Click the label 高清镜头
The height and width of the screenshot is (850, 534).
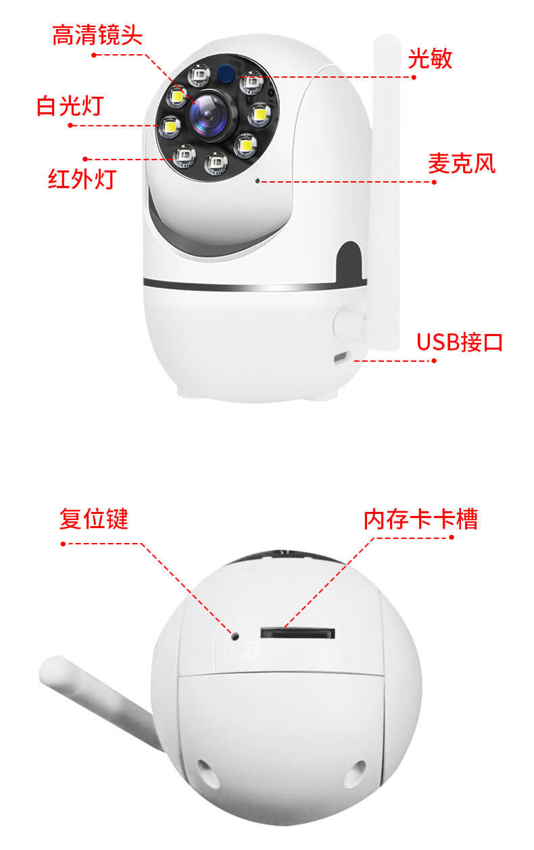[97, 35]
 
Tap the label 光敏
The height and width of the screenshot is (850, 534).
[430, 58]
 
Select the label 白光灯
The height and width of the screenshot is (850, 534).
[70, 105]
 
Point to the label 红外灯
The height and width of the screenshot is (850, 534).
[82, 179]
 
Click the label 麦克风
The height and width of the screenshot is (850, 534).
[462, 163]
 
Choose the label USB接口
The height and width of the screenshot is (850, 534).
[460, 342]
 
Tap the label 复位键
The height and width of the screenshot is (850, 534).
[94, 519]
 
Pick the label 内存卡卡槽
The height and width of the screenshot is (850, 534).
[420, 519]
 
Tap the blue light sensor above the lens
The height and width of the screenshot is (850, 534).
[226, 73]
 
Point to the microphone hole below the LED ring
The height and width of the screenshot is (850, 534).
[258, 181]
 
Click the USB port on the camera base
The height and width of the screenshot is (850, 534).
[340, 357]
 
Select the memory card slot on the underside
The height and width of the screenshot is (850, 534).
[297, 633]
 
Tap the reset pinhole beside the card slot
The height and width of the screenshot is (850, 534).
[235, 636]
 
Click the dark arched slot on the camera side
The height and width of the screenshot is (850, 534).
[349, 262]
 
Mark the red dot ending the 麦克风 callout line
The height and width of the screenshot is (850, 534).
[434, 182]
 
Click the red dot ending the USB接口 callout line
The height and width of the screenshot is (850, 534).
[434, 360]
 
